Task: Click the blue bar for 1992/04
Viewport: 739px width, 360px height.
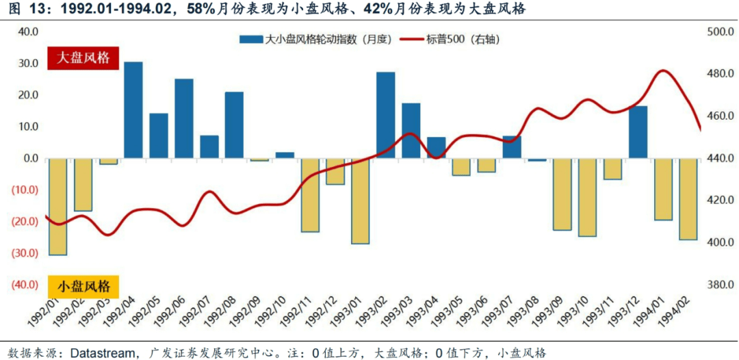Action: tap(133, 110)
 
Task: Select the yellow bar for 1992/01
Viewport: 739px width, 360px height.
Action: tap(57, 206)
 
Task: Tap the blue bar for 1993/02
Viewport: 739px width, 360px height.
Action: tap(386, 115)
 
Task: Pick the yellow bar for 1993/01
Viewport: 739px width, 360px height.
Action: tap(361, 201)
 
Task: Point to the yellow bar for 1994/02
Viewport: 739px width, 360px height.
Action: tap(688, 198)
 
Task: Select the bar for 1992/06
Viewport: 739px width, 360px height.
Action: tap(184, 118)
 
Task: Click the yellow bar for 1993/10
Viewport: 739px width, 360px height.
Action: tap(587, 197)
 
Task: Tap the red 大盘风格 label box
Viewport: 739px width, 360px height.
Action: tap(83, 57)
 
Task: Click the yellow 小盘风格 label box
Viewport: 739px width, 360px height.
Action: tap(83, 285)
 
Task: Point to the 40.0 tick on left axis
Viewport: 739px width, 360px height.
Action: tap(28, 31)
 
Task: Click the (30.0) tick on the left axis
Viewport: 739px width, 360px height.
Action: tap(26, 253)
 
